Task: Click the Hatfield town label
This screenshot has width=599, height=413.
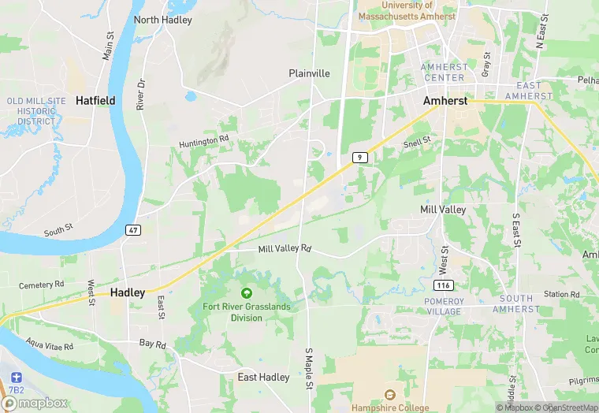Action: pyautogui.click(x=95, y=100)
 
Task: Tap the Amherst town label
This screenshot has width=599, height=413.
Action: pyautogui.click(x=445, y=101)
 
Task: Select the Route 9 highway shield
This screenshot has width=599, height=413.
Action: pyautogui.click(x=359, y=158)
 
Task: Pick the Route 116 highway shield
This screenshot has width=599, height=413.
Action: pyautogui.click(x=443, y=284)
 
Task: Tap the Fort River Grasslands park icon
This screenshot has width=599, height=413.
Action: pyautogui.click(x=246, y=293)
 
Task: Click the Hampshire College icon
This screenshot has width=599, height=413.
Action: pyautogui.click(x=389, y=394)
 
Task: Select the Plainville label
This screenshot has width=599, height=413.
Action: pyautogui.click(x=309, y=73)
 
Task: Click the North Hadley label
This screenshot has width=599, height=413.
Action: pyautogui.click(x=163, y=20)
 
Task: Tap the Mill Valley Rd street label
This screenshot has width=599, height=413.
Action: pyautogui.click(x=285, y=248)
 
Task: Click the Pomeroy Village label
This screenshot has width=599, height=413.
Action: pyautogui.click(x=443, y=307)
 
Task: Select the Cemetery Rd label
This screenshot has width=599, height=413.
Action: pyautogui.click(x=43, y=284)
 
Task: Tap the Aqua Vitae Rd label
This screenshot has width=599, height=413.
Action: pyautogui.click(x=49, y=345)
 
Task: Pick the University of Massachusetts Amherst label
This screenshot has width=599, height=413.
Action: pyautogui.click(x=407, y=10)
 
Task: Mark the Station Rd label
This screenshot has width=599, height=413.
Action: pyautogui.click(x=562, y=294)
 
